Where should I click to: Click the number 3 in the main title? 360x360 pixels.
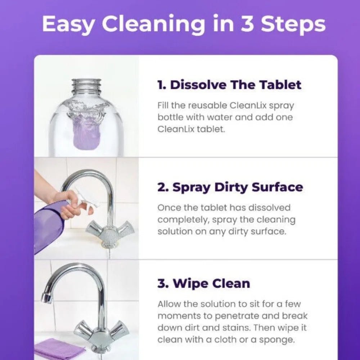tap(248, 24)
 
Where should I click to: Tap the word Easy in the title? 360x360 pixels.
tap(68, 24)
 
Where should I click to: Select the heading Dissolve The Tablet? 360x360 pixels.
tap(229, 85)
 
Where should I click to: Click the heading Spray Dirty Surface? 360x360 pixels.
tap(230, 187)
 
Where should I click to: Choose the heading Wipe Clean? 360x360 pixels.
tap(203, 283)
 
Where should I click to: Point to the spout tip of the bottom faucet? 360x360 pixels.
tap(45, 298)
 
